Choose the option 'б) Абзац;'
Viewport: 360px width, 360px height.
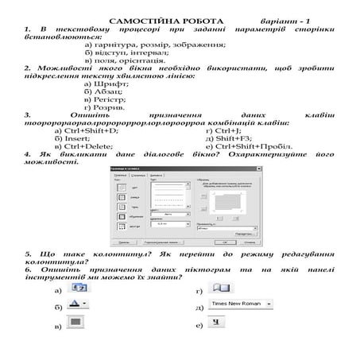point(106,91)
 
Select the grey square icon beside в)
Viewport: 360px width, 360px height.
point(76,323)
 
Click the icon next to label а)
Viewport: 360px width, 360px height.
point(79,286)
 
